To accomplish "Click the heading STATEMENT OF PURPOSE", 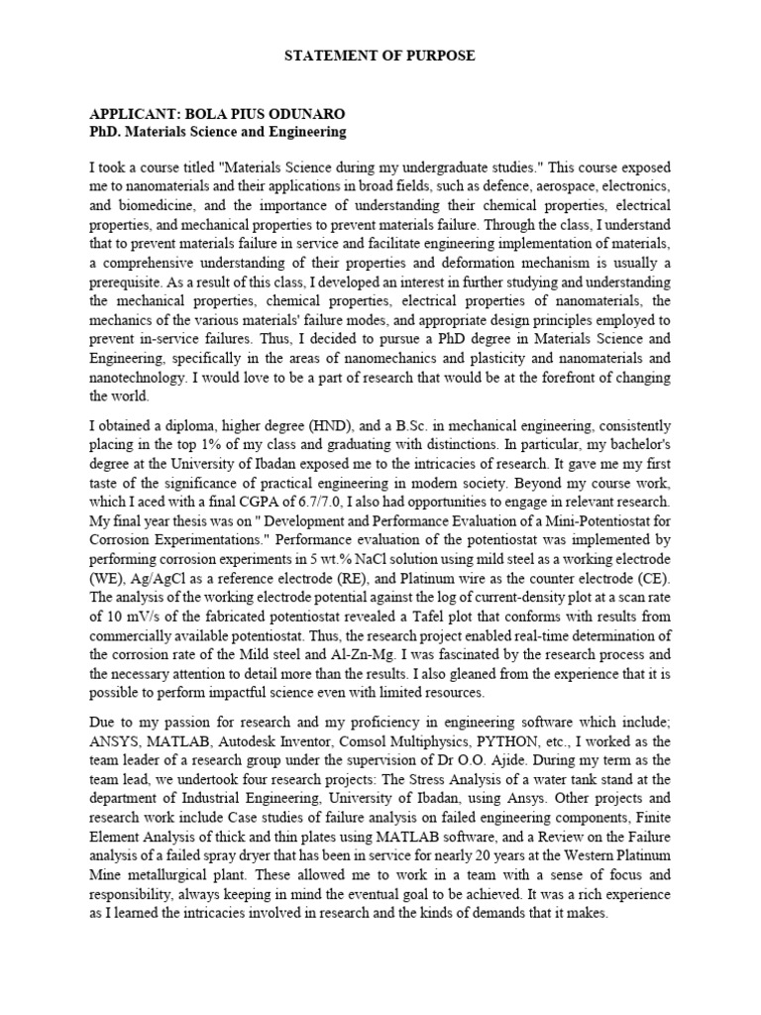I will coord(381,56).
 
